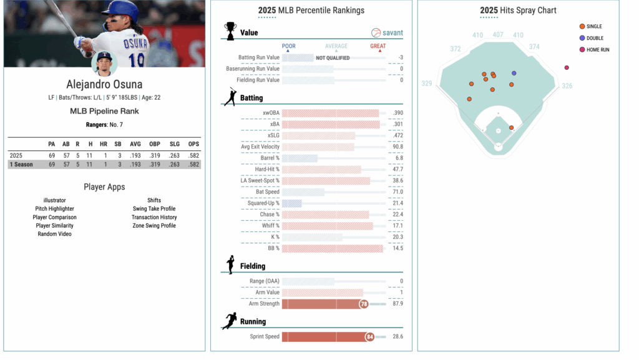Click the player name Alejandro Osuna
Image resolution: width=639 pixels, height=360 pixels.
click(104, 85)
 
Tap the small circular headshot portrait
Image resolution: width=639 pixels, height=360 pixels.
click(104, 64)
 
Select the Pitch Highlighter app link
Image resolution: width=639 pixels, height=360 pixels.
click(54, 209)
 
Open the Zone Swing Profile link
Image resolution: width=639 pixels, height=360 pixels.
click(154, 226)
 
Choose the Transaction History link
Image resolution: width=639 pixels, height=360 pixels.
click(154, 217)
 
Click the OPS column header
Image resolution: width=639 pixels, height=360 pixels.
click(194, 144)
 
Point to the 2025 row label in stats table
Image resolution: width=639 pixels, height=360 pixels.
click(16, 155)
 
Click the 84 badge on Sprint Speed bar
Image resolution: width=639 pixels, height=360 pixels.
click(369, 337)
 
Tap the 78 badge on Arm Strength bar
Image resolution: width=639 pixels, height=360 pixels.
click(363, 304)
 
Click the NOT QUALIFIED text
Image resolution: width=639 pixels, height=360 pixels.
click(333, 58)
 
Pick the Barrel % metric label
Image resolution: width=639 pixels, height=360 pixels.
click(270, 158)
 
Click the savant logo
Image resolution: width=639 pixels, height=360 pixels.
click(387, 33)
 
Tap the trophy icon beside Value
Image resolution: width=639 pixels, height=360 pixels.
click(231, 31)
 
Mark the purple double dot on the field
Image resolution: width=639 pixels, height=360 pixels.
click(514, 73)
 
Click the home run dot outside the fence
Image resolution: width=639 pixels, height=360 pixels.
click(567, 67)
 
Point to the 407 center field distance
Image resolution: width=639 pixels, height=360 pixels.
click(497, 35)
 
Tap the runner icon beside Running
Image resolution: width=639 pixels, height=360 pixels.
click(230, 321)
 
